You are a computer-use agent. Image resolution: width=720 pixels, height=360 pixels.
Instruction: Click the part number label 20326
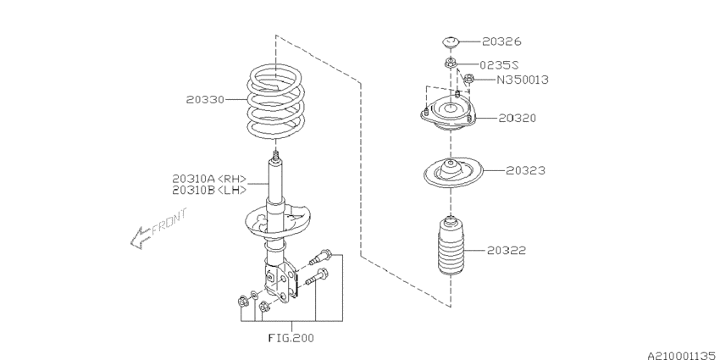502,41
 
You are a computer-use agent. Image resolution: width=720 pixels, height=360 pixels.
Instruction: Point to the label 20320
517,118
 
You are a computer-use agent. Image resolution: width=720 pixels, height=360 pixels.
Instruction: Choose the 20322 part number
507,251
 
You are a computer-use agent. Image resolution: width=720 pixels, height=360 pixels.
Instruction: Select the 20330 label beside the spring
206,99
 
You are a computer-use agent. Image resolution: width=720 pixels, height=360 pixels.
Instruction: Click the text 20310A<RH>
209,179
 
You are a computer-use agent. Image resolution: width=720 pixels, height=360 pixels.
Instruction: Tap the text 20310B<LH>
209,190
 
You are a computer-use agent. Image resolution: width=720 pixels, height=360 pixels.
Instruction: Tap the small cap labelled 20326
451,41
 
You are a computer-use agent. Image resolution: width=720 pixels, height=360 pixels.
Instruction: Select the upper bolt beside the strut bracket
323,254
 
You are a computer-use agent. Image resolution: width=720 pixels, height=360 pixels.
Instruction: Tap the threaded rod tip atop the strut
276,157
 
